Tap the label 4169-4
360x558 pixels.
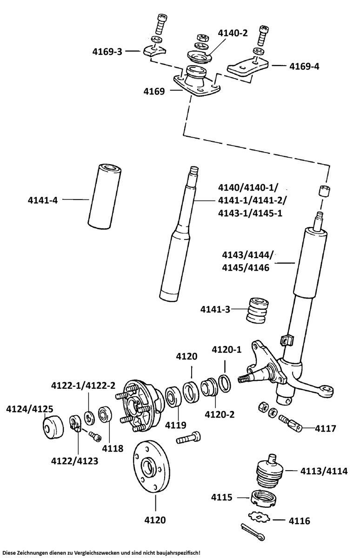304,66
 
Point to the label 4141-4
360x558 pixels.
42,200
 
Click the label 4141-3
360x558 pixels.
215,309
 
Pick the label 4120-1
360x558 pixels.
227,349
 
